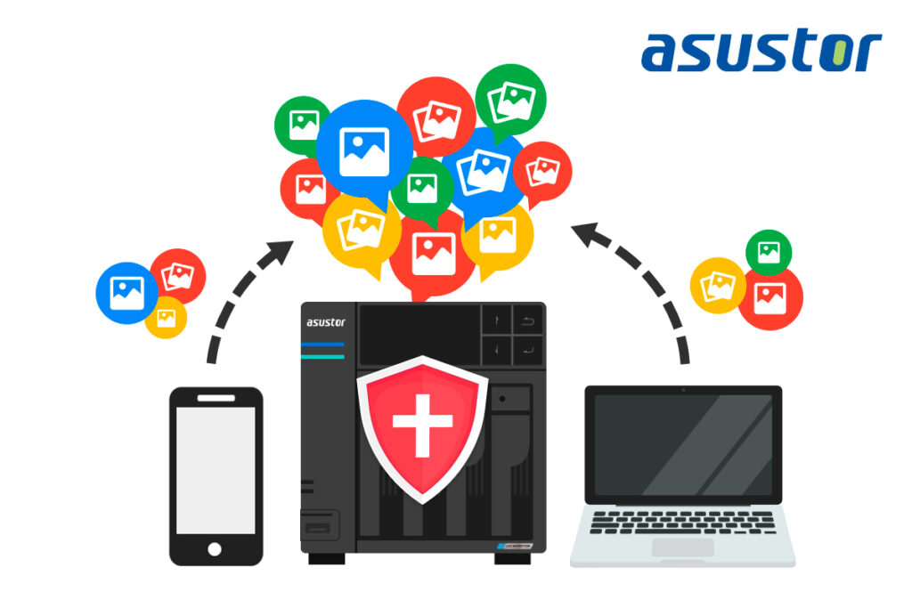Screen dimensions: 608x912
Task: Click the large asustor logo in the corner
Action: pos(761,51)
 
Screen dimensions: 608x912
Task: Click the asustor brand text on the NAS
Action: pos(326,322)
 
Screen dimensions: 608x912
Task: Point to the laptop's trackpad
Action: pos(682,547)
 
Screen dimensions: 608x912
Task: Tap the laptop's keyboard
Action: pos(682,523)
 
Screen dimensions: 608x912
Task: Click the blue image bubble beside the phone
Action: pos(126,292)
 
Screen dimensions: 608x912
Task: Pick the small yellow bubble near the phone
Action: pos(167,317)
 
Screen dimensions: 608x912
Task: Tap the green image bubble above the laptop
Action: pos(769,252)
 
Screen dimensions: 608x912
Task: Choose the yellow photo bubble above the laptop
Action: pos(716,285)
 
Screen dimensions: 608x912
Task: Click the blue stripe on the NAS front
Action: pos(322,344)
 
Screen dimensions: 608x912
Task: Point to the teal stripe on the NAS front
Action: pos(322,356)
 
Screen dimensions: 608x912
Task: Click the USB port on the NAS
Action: pos(320,527)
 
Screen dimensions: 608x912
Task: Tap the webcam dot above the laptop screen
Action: pos(683,390)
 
